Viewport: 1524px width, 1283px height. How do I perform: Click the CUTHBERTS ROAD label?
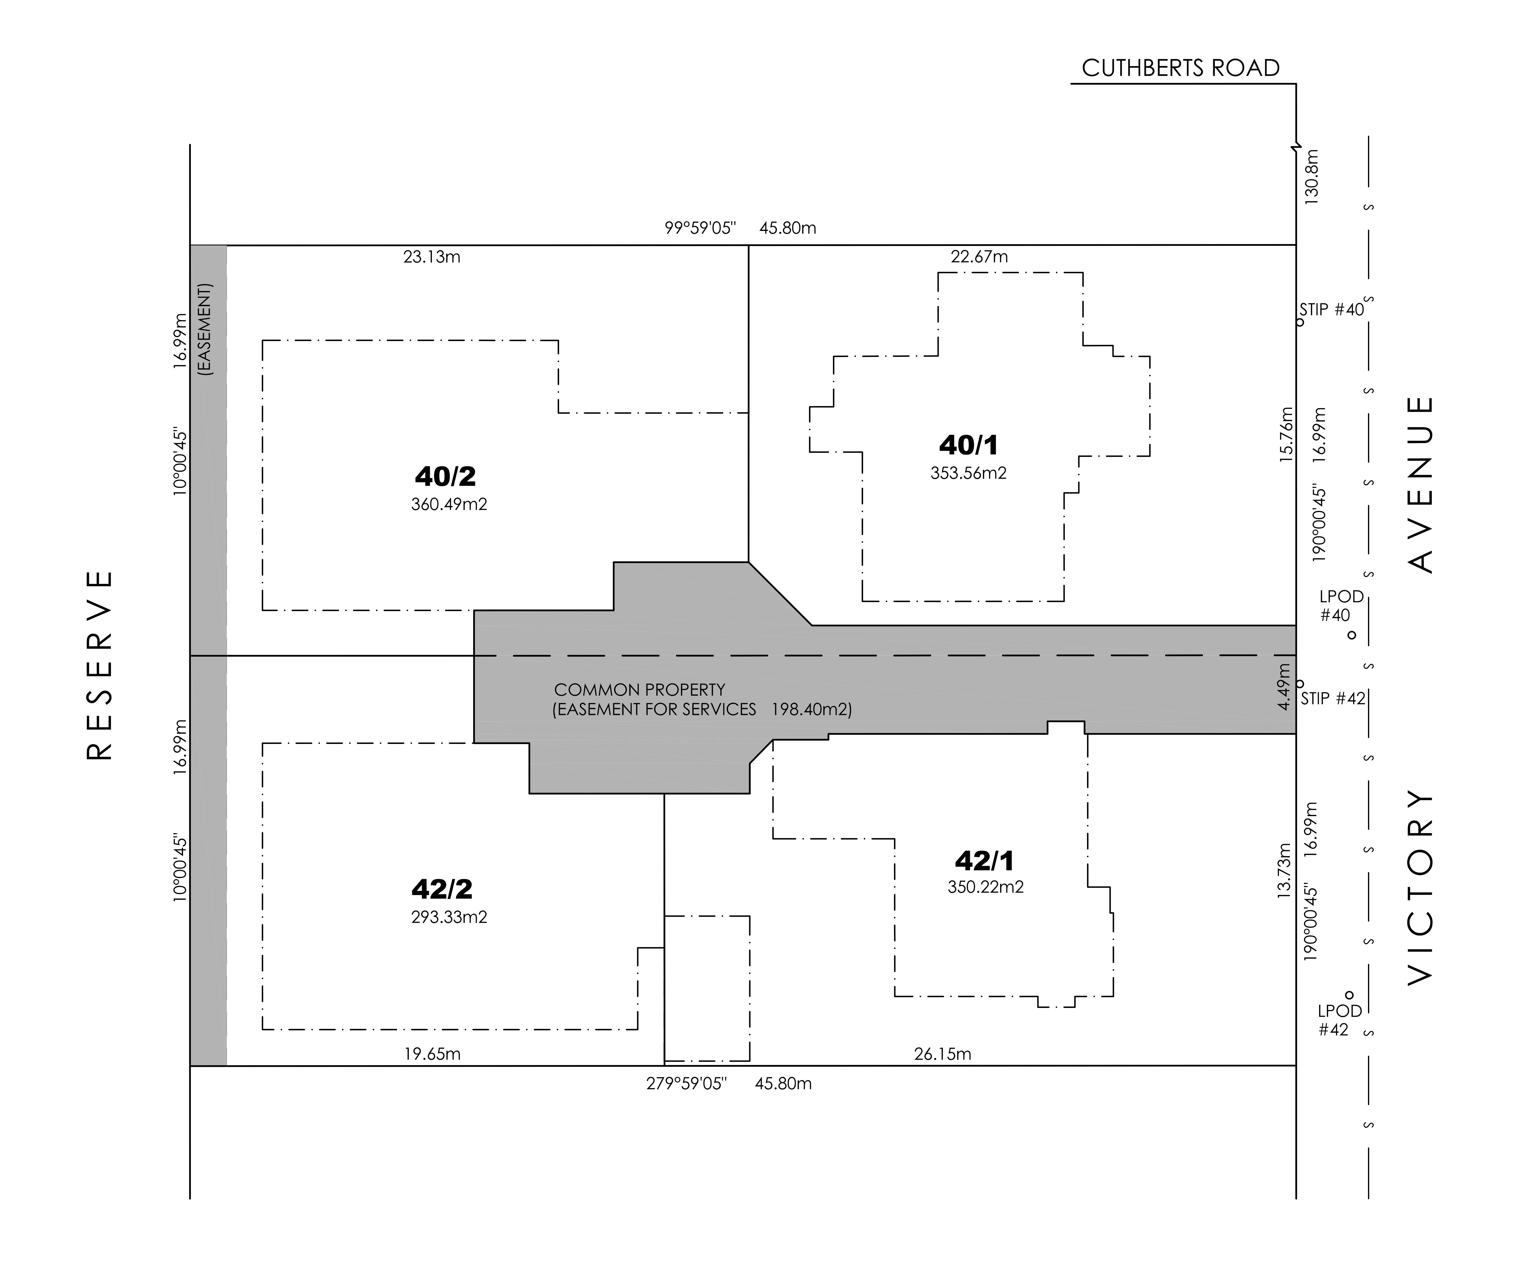(1180, 68)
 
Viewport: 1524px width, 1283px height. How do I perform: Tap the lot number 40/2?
(445, 476)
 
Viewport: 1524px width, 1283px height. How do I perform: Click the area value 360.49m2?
(449, 504)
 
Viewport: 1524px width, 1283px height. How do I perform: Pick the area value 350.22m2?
(985, 887)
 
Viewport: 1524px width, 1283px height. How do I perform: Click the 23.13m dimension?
(432, 257)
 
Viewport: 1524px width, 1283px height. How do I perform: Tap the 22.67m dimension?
(979, 257)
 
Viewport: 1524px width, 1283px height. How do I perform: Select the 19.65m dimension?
(432, 1054)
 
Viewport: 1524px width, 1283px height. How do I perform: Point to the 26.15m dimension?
(942, 1054)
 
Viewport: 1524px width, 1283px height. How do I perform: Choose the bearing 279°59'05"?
(686, 1084)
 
